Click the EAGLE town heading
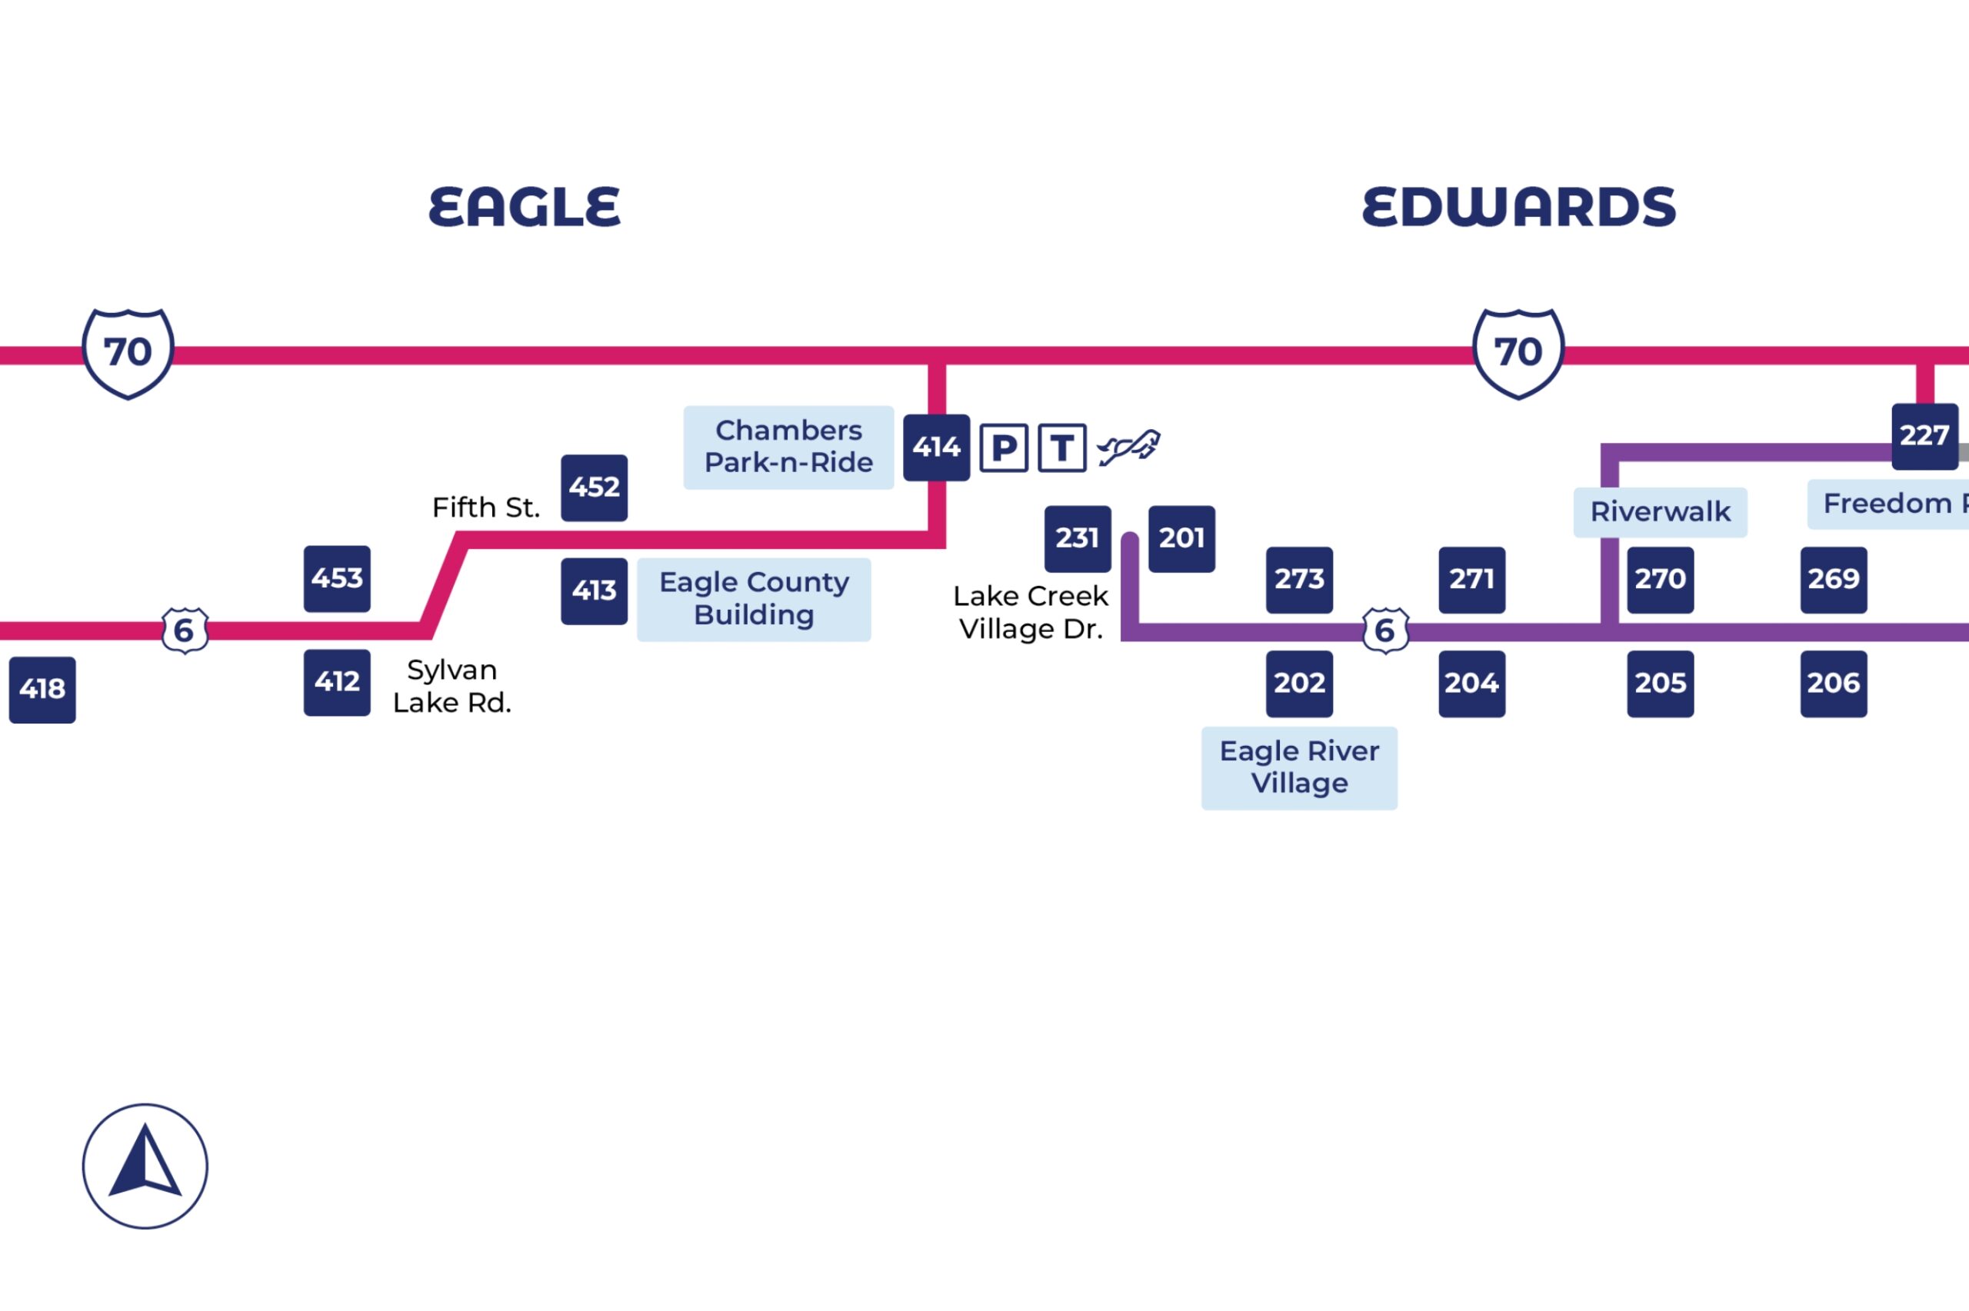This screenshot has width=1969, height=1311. click(525, 207)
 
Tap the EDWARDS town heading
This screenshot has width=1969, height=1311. click(1518, 207)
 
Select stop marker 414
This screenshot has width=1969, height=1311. click(935, 448)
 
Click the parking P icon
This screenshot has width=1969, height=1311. click(1003, 448)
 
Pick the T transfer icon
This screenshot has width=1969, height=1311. click(1062, 448)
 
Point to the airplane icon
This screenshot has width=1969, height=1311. click(1129, 448)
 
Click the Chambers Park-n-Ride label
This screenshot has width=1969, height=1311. click(788, 448)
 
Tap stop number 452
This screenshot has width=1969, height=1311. click(594, 487)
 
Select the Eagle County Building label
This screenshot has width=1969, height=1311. click(753, 599)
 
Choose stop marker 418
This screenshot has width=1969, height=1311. click(42, 689)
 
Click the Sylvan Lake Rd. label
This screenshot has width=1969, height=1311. click(451, 686)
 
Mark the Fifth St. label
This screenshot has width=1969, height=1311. click(486, 507)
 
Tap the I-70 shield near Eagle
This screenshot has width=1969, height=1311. click(128, 353)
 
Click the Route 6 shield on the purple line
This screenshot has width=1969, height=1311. click(1384, 630)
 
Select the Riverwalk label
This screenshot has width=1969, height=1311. click(1660, 511)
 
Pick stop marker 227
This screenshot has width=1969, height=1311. click(1924, 436)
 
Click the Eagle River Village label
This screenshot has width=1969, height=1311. click(1298, 767)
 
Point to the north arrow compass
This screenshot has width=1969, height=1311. click(145, 1166)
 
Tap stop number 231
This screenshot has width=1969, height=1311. click(1077, 538)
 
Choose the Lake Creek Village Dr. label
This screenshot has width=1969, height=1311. click(1030, 612)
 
